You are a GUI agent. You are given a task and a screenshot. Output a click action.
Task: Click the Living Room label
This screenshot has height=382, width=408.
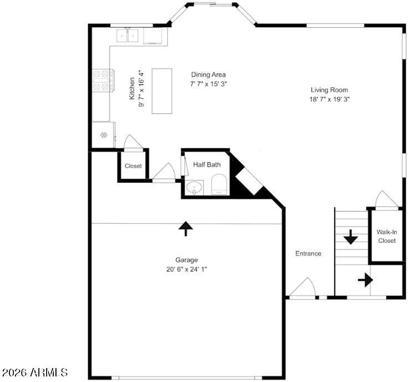coord(329,90)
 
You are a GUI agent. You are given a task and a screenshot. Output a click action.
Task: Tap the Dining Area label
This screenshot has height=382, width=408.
coord(208,74)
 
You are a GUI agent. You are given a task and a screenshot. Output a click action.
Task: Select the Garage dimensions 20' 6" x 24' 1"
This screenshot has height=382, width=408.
coord(187,269)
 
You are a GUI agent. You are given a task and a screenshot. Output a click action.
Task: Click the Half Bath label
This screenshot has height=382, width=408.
coord(207,164)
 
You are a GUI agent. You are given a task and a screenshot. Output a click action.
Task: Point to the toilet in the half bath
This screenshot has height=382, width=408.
coord(219,184)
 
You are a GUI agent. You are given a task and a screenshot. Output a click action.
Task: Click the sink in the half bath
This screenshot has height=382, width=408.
coord(194,187)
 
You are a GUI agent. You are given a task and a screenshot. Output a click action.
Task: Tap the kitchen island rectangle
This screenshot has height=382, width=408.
coord(162,91)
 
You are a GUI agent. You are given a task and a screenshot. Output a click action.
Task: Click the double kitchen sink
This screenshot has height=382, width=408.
coord(127,36)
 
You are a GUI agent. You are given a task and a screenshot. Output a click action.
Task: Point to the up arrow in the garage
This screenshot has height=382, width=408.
coord(186,229)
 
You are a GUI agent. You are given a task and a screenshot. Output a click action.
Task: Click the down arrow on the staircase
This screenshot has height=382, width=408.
coord(351,237)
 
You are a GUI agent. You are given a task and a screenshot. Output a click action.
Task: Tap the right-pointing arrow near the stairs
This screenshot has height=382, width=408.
coord(365,280)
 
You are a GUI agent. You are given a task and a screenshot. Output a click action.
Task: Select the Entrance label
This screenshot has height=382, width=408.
coord(308,254)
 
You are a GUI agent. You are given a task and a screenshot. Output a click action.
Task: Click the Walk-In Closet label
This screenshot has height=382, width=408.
coord(387,236)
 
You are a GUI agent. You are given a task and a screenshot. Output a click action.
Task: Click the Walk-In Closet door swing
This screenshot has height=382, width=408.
coord(387,199)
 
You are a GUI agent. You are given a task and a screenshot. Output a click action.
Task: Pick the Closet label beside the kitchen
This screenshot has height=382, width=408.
coord(133,165)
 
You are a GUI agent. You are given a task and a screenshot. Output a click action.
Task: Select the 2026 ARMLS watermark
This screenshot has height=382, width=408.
coord(34,372)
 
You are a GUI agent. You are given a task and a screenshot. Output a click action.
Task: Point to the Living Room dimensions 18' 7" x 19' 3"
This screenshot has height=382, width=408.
coord(329,99)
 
